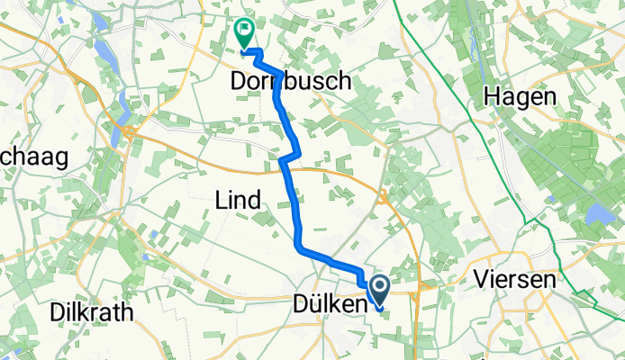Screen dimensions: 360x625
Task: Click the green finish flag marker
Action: [x=244, y=33]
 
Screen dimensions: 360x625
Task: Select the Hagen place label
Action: [x=521, y=95]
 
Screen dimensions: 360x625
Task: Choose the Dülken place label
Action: [x=330, y=306]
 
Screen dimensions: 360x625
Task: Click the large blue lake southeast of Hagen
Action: [x=595, y=213]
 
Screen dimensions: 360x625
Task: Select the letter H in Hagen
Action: [x=493, y=95]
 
